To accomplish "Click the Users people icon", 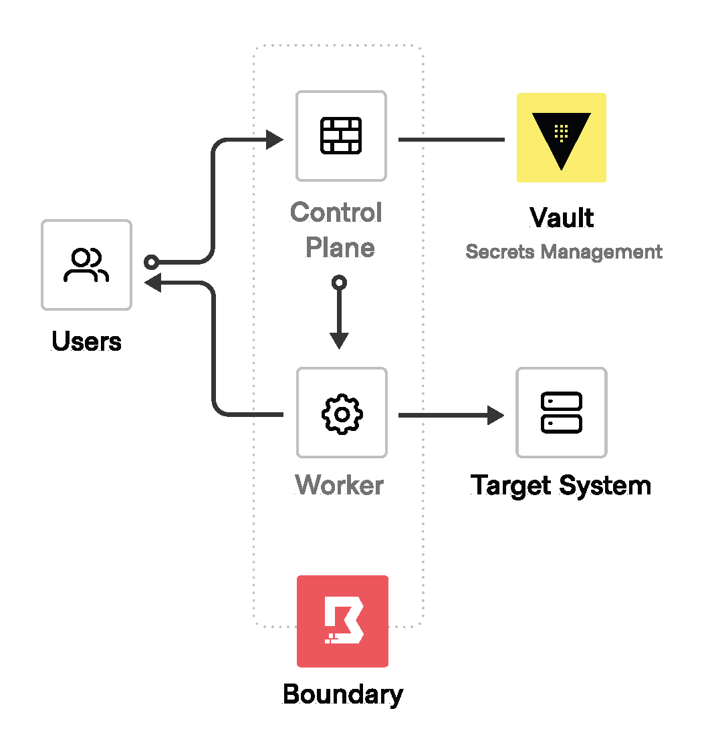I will (86, 265).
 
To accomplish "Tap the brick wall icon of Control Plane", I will (341, 136).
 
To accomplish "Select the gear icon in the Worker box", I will (342, 414).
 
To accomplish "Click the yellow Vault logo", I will (562, 138).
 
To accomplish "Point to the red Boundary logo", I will (342, 621).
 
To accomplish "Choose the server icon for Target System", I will (561, 413).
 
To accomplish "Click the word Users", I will (86, 342).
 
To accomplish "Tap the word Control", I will (336, 213).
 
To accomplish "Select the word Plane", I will (340, 248).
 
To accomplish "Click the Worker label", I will (340, 485).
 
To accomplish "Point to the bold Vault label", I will (562, 218).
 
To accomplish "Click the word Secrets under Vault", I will (501, 252).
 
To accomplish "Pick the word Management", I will (602, 252).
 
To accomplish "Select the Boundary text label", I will (343, 694).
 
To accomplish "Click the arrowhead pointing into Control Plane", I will (275, 140).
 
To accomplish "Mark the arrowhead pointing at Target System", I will (495, 415).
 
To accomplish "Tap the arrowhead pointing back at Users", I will (153, 283).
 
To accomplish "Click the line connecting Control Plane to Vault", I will (451, 140).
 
